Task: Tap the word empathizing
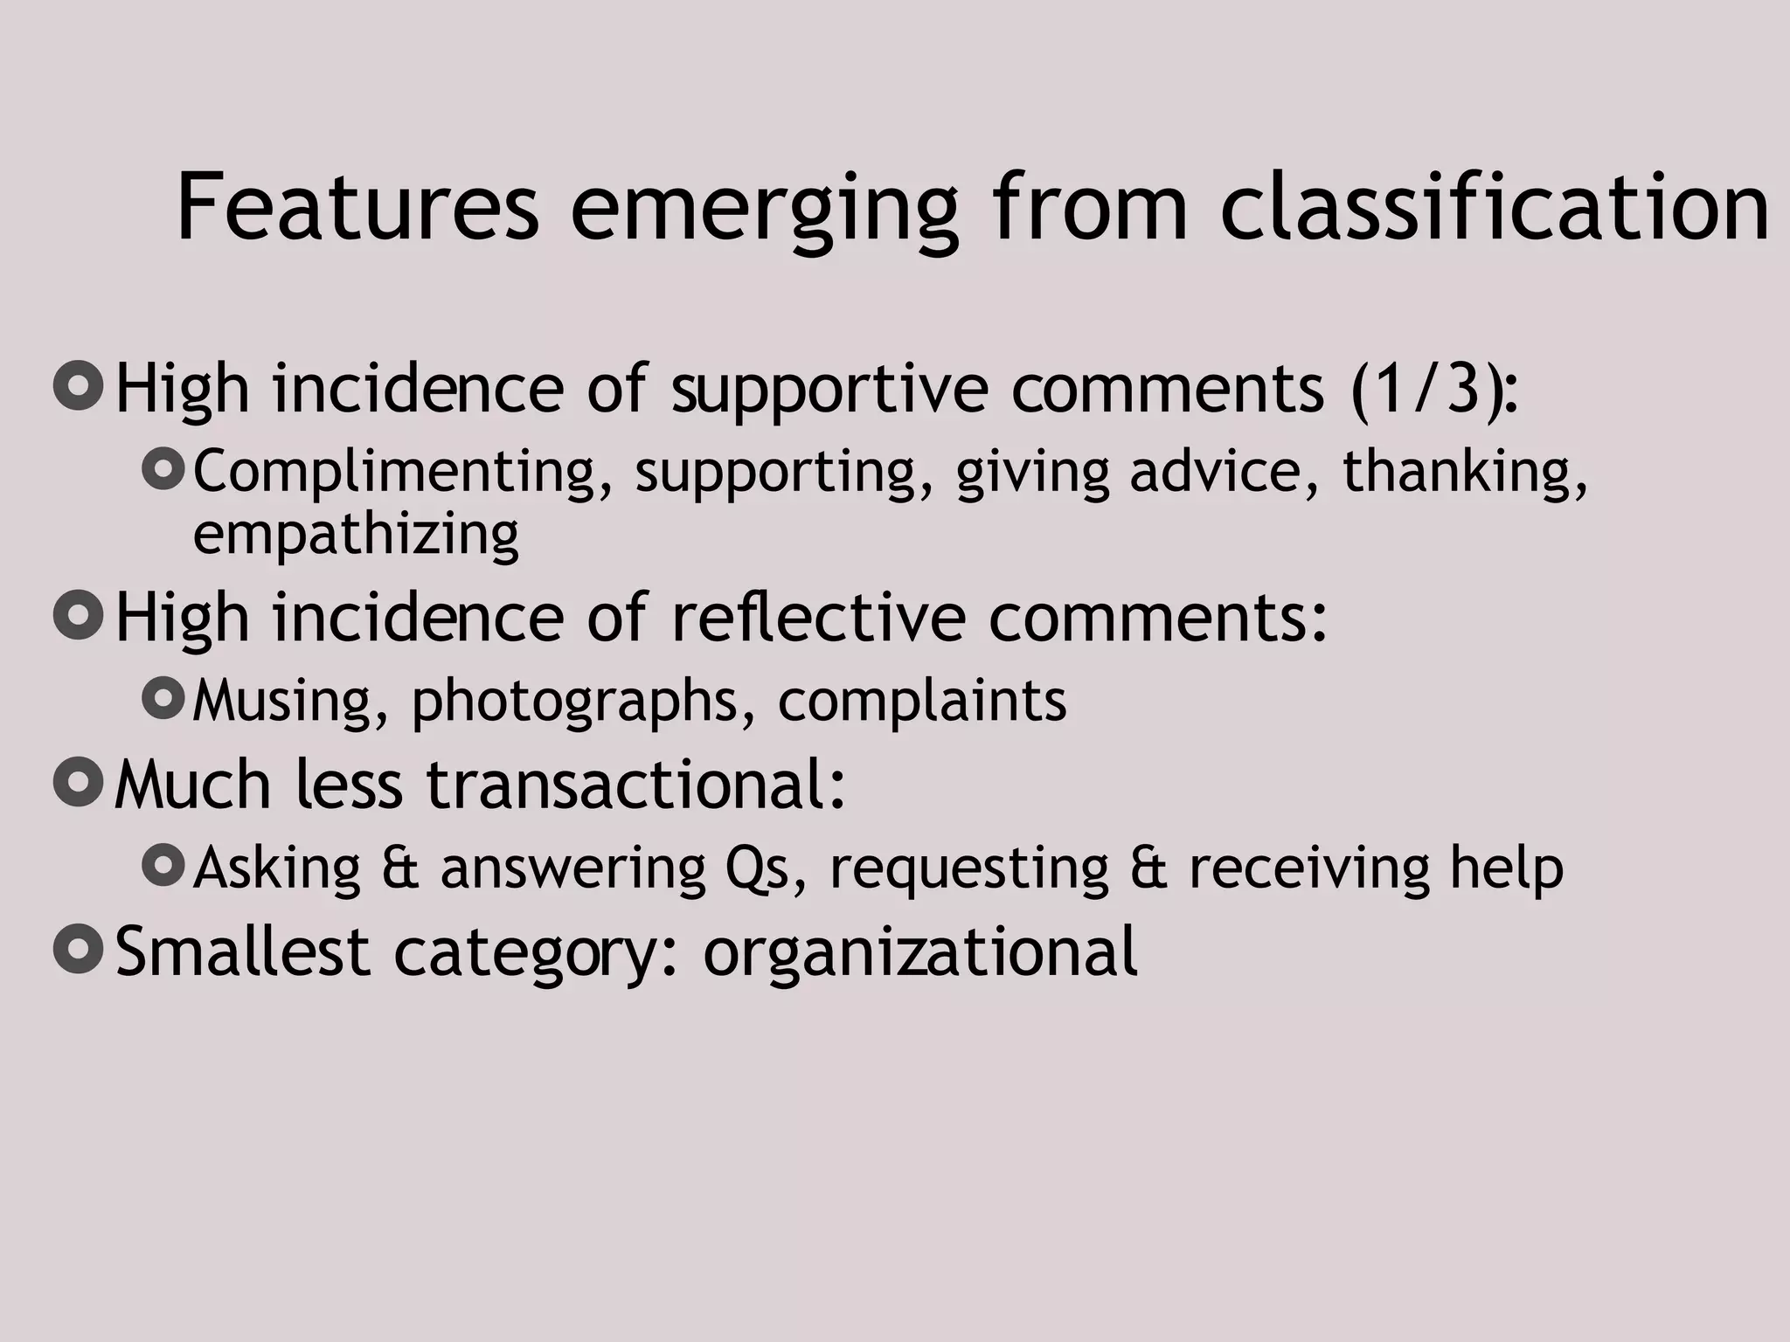pos(356,535)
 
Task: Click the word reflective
pos(819,617)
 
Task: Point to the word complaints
pos(922,702)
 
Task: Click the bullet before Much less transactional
pos(79,781)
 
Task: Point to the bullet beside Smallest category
pos(79,948)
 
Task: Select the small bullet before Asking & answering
pos(163,865)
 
